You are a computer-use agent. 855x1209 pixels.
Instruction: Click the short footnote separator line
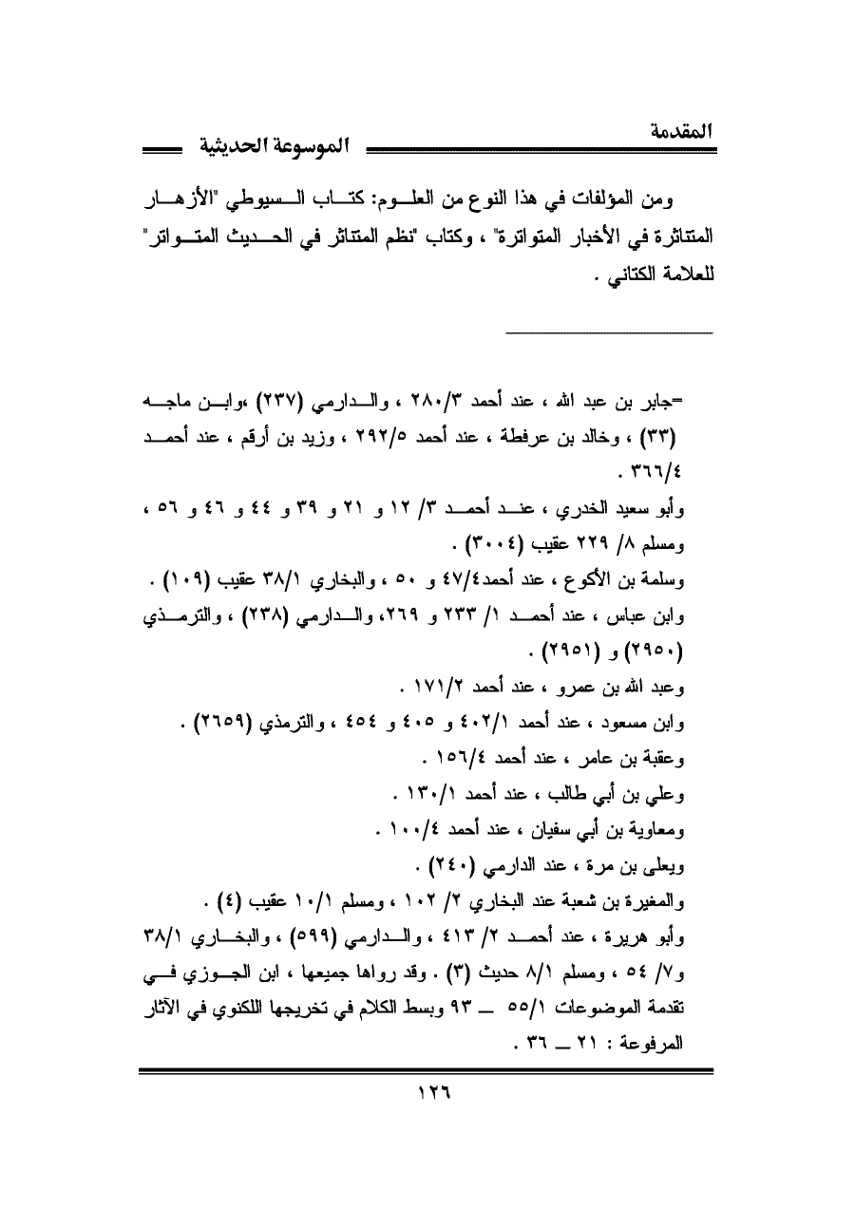(608, 331)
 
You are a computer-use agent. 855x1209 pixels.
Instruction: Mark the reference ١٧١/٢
(437, 690)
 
